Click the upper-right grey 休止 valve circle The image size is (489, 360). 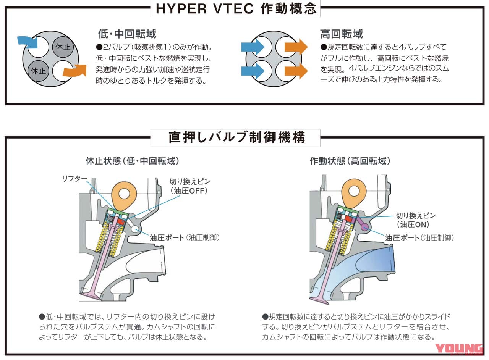[x=63, y=47]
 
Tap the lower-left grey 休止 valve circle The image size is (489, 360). [x=38, y=71]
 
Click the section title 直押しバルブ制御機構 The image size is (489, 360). [x=237, y=137]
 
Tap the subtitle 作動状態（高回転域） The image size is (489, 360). [x=350, y=161]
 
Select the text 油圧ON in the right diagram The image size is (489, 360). [x=415, y=224]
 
